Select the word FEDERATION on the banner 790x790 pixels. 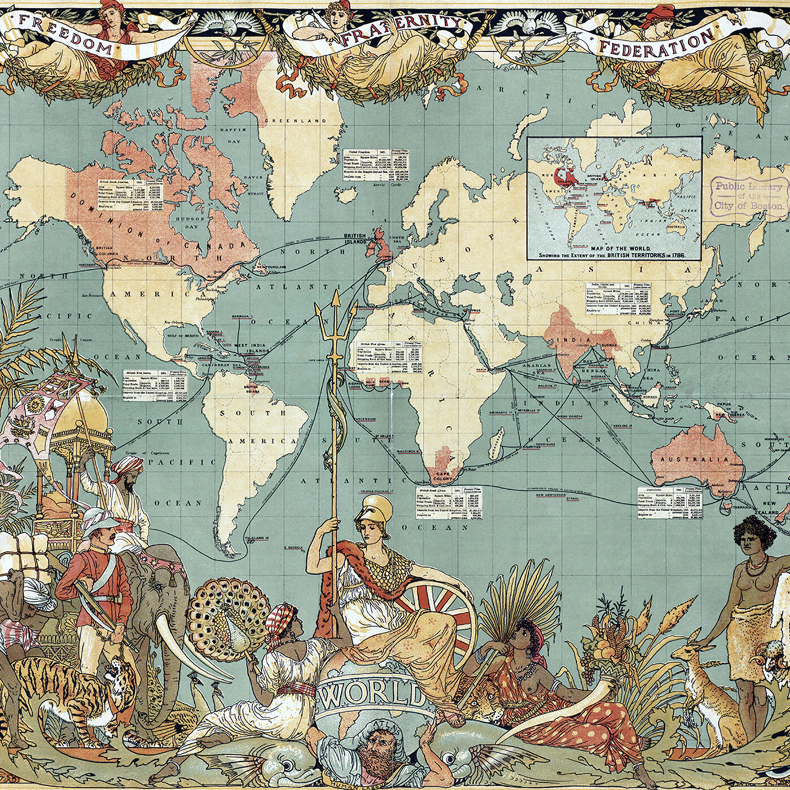click(x=655, y=43)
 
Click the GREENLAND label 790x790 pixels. click(x=292, y=121)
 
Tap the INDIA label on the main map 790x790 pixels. click(x=574, y=340)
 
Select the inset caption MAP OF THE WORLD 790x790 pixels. click(x=614, y=248)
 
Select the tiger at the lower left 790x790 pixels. click(x=68, y=694)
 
